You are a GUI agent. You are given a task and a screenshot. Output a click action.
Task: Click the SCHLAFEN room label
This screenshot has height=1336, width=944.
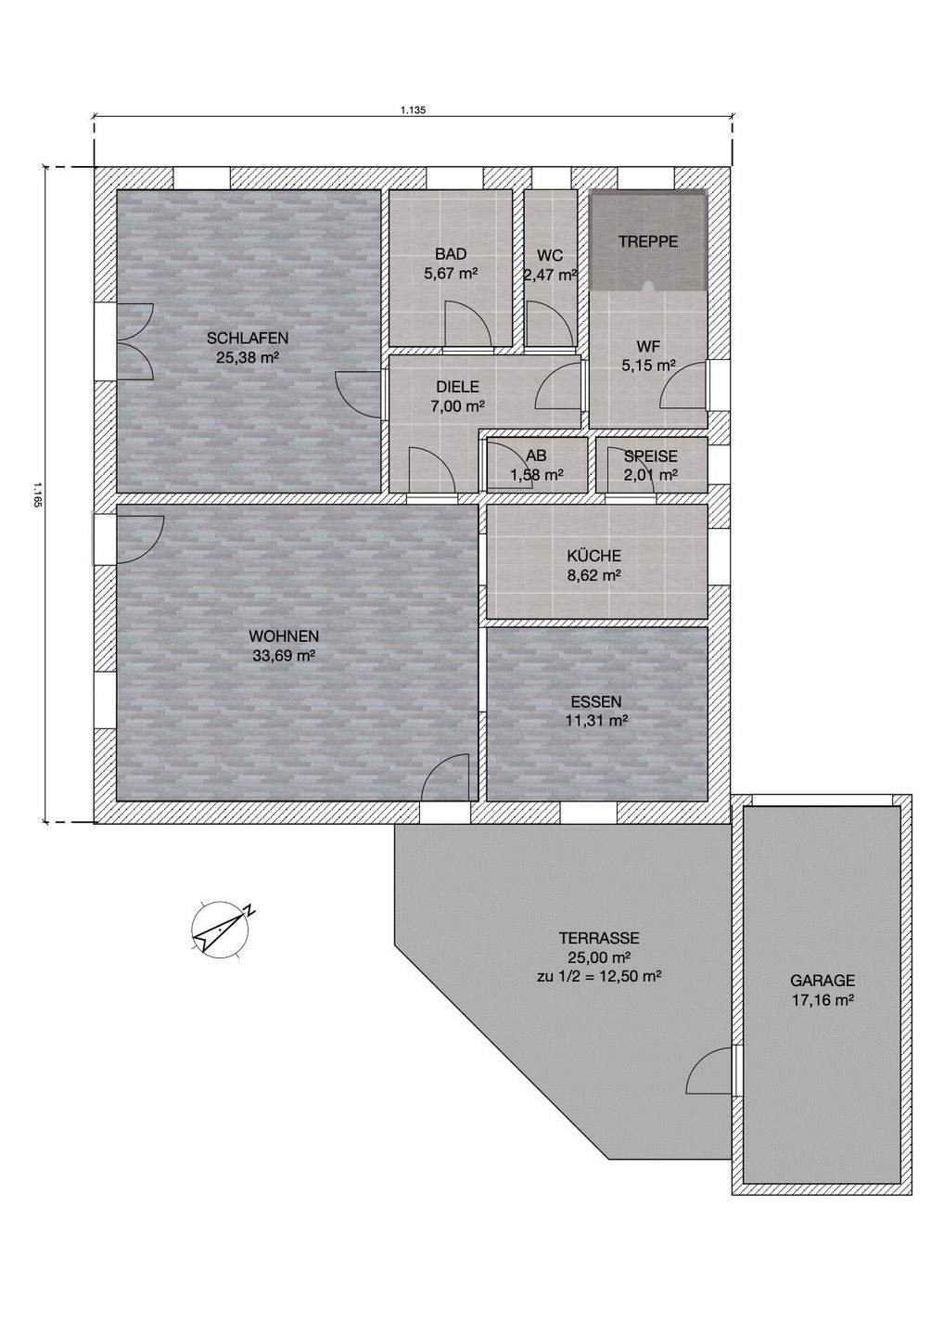click(248, 338)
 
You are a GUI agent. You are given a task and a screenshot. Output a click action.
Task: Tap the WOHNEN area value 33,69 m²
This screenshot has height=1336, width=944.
click(284, 657)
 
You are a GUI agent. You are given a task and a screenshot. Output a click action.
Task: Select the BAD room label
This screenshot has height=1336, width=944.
click(451, 254)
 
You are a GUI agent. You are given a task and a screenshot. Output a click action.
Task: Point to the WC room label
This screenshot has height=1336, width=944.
click(550, 256)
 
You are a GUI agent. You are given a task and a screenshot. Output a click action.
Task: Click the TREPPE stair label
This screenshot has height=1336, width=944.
click(648, 241)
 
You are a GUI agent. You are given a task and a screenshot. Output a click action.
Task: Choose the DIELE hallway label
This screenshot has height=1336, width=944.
click(457, 387)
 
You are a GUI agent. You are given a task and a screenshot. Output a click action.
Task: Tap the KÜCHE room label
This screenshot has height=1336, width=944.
click(593, 556)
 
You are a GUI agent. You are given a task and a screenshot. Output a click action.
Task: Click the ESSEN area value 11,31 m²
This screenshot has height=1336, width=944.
click(596, 721)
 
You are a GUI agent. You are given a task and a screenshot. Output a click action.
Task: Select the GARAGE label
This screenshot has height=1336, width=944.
click(823, 980)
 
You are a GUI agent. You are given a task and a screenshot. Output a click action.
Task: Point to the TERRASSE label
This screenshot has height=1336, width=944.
click(599, 938)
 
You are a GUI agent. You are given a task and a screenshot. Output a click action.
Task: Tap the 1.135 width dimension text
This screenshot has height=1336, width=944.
click(413, 109)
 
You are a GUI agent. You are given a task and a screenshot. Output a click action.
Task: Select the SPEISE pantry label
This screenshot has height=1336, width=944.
click(651, 456)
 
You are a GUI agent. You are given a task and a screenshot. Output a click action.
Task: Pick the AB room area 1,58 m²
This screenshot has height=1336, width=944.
click(537, 475)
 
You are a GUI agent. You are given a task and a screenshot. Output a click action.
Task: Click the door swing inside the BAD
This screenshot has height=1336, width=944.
click(469, 323)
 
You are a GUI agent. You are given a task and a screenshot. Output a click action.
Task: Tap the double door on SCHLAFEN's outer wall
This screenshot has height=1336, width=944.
click(136, 342)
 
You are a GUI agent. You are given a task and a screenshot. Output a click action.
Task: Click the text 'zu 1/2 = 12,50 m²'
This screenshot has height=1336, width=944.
click(599, 977)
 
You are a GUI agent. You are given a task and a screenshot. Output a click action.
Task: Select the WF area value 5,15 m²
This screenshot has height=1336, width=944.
click(648, 365)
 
